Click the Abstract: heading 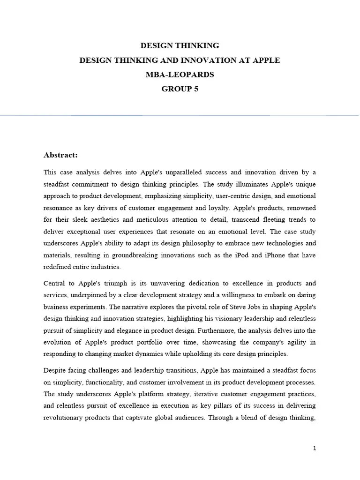(60, 155)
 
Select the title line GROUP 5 (180, 89)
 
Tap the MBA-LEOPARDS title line (180, 75)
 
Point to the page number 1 (315, 448)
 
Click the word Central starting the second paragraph (55, 284)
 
